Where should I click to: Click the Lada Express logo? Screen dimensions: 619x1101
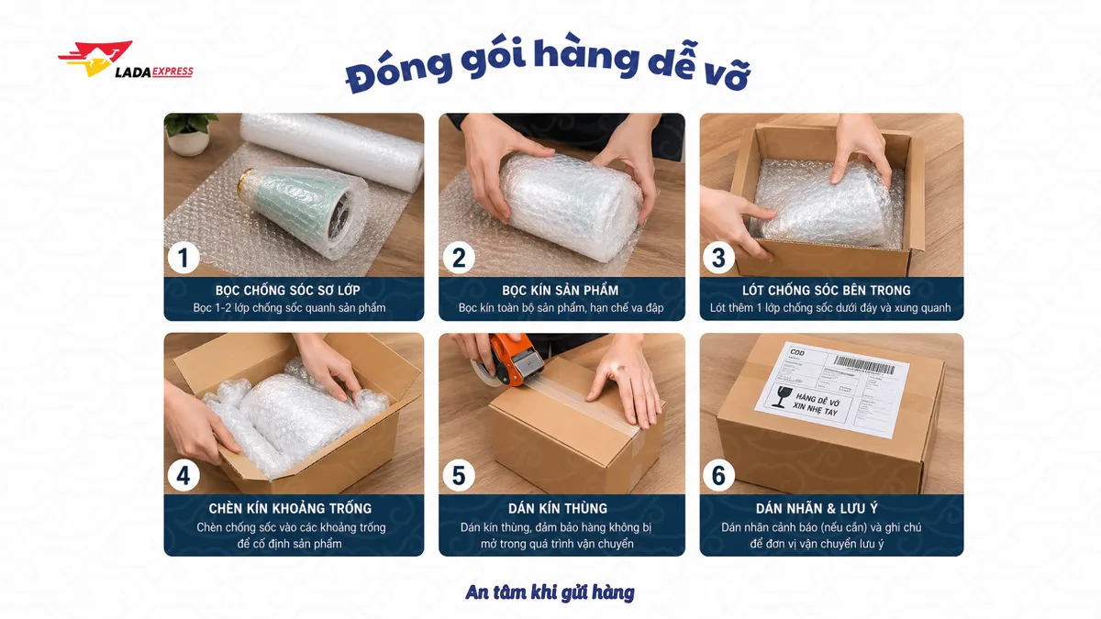tap(125, 62)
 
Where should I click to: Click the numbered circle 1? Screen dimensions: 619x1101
tap(183, 258)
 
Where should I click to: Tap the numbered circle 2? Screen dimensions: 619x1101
tap(459, 258)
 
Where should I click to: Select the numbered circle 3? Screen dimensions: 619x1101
tap(719, 258)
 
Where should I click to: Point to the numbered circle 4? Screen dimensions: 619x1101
tap(183, 475)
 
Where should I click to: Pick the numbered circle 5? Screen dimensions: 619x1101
tap(459, 475)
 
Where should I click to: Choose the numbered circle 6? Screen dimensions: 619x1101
tap(719, 475)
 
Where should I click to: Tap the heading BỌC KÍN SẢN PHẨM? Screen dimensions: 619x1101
tap(561, 290)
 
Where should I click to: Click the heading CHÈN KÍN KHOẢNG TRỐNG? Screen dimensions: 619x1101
tap(290, 508)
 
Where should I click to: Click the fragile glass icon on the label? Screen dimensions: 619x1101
tap(783, 396)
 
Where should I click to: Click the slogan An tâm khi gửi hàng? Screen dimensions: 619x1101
tap(550, 592)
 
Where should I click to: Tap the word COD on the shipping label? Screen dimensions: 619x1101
tap(796, 352)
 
